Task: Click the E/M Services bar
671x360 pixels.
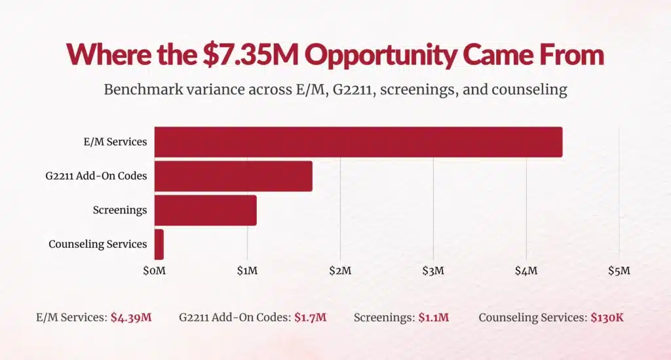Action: click(358, 142)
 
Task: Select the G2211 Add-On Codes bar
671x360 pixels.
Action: click(233, 176)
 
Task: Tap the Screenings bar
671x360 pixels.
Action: click(205, 210)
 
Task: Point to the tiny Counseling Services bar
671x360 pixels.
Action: click(159, 244)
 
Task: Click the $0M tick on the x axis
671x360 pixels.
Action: click(154, 270)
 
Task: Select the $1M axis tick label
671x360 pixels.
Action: click(247, 270)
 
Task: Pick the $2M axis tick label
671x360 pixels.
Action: click(340, 270)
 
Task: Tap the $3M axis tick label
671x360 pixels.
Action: click(433, 270)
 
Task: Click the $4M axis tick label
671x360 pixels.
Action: click(526, 270)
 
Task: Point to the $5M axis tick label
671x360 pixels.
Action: click(619, 270)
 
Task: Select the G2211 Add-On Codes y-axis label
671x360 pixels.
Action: click(102, 176)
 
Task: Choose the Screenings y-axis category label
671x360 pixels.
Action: click(120, 210)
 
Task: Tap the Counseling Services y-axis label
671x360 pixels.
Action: click(98, 244)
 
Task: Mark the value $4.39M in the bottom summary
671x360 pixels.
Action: click(131, 318)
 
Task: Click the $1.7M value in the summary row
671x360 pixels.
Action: click(310, 318)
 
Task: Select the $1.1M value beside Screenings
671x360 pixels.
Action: click(434, 318)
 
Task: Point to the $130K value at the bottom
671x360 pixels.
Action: click(607, 318)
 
